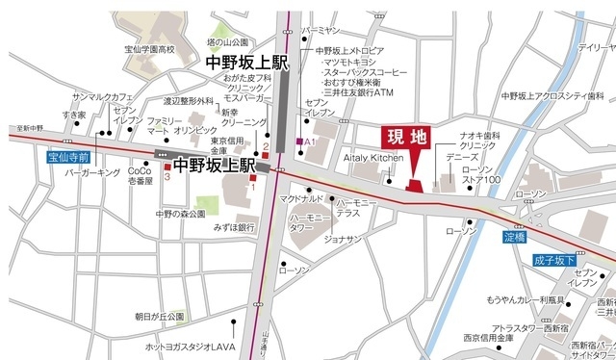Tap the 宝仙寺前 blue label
point(68,155)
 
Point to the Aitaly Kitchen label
point(372,156)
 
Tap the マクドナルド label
point(301,198)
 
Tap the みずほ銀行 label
point(234,228)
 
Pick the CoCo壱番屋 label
point(141,175)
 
